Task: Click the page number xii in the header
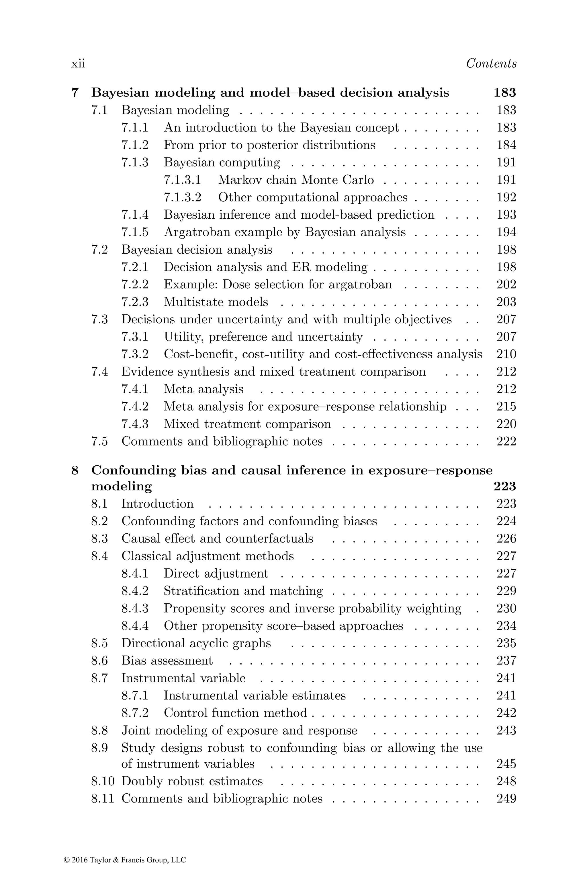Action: click(78, 64)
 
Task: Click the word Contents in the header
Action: click(491, 64)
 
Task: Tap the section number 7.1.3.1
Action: click(182, 180)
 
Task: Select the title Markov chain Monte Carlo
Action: click(296, 180)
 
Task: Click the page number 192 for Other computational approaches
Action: click(506, 197)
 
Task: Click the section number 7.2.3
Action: click(135, 302)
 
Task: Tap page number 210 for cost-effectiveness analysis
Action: click(506, 354)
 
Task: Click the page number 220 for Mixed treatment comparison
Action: click(506, 424)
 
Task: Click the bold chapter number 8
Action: click(75, 470)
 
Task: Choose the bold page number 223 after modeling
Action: click(505, 486)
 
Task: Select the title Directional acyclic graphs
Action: click(196, 643)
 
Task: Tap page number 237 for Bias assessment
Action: click(506, 660)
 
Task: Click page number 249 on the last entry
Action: click(506, 799)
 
